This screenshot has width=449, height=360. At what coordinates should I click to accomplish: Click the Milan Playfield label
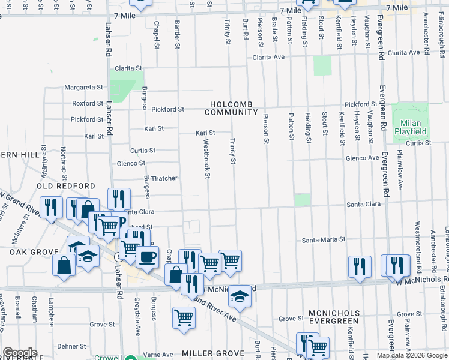coord(410,127)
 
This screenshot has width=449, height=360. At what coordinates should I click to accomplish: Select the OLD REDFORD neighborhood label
coord(66,187)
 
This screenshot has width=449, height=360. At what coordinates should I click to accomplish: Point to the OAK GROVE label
coord(32,253)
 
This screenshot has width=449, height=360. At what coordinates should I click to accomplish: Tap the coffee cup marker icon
coord(147,257)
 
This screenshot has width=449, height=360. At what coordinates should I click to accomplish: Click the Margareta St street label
coord(85,88)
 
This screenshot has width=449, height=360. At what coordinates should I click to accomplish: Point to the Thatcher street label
coord(163,178)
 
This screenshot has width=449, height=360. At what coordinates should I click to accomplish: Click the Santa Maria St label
coord(324,239)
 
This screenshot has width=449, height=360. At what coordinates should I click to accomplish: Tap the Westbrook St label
coord(206,159)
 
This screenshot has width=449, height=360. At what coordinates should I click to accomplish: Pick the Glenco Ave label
coord(362,158)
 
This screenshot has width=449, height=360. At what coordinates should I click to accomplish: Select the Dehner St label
coord(73,346)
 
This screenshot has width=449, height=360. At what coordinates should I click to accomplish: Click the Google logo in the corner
coord(20,353)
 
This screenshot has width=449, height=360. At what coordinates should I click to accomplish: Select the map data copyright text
coord(412,355)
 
